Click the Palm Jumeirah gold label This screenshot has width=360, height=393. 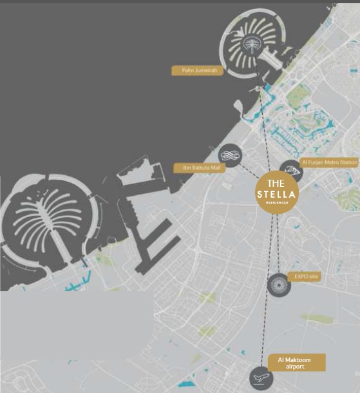197,71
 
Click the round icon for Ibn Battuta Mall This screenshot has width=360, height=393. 229,155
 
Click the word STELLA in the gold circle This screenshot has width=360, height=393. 276,195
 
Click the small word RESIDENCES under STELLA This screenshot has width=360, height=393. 276,204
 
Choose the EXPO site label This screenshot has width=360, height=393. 307,276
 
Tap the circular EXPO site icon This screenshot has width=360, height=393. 279,284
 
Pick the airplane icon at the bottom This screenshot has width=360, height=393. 260,376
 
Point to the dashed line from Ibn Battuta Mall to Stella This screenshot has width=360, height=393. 251,169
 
